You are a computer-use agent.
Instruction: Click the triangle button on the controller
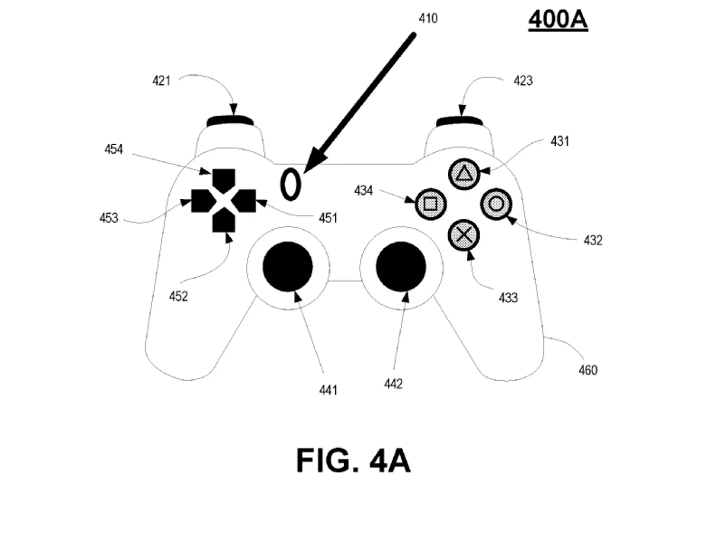463,174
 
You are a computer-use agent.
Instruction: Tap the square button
430,204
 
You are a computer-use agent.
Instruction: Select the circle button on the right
496,204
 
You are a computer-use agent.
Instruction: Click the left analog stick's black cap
288,266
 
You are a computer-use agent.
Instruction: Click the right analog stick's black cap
401,266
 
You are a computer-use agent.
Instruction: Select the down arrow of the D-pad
224,221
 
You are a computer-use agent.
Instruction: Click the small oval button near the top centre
290,184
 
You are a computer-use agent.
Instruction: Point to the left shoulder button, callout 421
230,121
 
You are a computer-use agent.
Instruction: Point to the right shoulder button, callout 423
460,121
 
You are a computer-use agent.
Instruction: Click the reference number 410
428,19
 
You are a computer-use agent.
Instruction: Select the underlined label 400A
558,20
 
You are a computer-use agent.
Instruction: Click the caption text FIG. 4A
353,461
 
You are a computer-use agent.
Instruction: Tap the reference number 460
588,370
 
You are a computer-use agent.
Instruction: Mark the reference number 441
328,390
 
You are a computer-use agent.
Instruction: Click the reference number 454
113,149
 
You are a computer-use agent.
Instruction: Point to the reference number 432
593,240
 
